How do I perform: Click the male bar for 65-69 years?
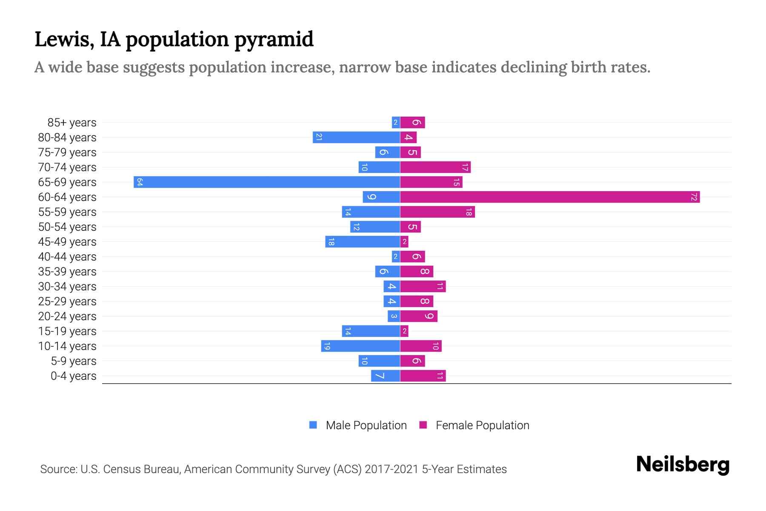267,182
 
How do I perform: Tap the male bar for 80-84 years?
357,138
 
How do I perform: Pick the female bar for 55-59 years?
437,212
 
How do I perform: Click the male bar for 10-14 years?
361,346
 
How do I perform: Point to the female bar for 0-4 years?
423,376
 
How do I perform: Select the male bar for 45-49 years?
363,242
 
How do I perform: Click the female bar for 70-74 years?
435,167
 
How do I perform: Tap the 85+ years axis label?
72,123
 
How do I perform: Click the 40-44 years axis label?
67,257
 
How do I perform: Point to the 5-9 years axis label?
74,361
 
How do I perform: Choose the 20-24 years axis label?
67,316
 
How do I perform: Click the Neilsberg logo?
683,465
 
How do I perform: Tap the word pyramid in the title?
274,39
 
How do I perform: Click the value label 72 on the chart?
694,197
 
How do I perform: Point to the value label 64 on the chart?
139,182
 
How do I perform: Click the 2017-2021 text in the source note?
392,469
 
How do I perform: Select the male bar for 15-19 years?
371,331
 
